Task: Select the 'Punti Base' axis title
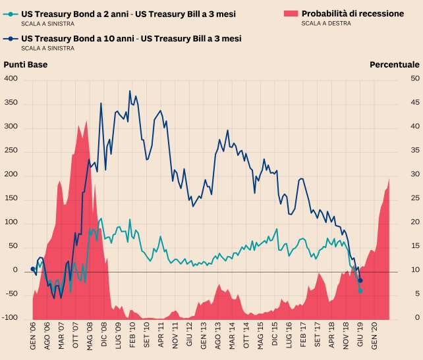pyautogui.click(x=26, y=64)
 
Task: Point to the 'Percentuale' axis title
pyautogui.click(x=394, y=64)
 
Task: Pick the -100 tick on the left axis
pyautogui.click(x=10, y=319)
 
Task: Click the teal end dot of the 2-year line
pyautogui.click(x=360, y=290)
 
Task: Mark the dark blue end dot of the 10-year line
pyautogui.click(x=360, y=281)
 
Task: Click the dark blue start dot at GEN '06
pyautogui.click(x=33, y=269)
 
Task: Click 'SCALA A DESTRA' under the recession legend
pyautogui.click(x=326, y=24)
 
